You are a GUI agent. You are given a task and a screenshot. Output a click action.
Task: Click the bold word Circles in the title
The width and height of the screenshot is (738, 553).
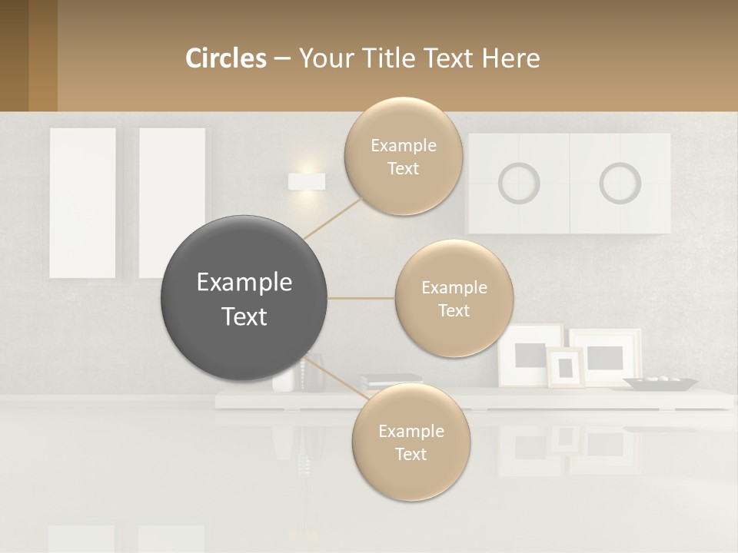(225, 58)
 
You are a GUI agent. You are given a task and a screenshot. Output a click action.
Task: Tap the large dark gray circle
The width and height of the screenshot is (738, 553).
(244, 299)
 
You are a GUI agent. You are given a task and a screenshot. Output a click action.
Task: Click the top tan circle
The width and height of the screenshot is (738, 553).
(404, 157)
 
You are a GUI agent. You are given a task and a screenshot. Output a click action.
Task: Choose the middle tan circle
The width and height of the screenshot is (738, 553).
(454, 299)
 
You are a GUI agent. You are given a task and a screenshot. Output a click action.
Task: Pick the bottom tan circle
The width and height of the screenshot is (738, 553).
(411, 442)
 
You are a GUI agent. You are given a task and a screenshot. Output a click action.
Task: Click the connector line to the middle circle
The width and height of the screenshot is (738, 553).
(361, 298)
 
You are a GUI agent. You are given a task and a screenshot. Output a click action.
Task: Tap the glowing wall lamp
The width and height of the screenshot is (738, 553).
(306, 182)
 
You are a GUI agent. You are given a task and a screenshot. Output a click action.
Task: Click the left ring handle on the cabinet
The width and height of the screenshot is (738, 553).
(519, 184)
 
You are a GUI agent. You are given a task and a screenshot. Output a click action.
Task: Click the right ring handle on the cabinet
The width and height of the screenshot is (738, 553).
(620, 184)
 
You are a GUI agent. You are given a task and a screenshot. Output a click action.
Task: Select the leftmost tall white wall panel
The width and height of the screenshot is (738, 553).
(82, 203)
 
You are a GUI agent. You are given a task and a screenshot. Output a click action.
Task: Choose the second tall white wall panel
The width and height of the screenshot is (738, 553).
(171, 203)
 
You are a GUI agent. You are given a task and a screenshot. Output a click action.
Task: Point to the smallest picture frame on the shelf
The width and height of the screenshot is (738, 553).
(565, 367)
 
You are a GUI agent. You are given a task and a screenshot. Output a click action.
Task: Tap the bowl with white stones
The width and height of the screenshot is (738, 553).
(660, 382)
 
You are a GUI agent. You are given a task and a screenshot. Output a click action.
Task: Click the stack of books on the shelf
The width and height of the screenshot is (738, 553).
(391, 380)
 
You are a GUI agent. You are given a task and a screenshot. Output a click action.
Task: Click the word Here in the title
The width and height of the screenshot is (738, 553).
(511, 58)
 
